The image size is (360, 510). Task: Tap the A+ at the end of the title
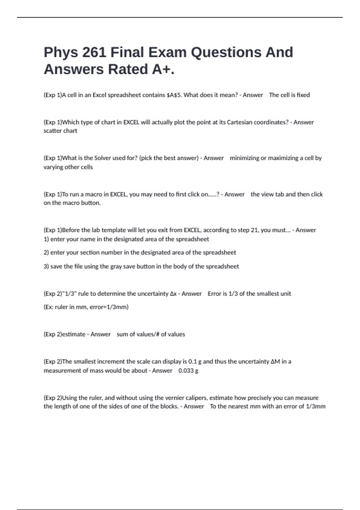[x=161, y=69]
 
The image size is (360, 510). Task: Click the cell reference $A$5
[x=174, y=95]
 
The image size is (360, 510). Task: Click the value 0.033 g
[x=188, y=370]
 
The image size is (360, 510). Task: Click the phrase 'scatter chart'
[x=60, y=131]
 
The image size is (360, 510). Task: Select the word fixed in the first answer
[x=303, y=95]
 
